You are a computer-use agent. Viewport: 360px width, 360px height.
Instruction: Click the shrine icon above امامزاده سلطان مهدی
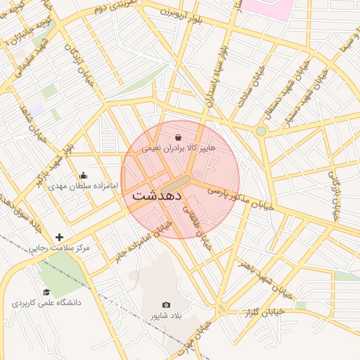84,176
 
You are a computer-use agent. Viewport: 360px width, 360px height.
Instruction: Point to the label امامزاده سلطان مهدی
77,187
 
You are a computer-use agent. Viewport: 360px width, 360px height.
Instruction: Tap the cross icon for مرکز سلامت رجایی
59,238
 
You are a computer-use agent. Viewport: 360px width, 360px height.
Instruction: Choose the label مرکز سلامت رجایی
59,249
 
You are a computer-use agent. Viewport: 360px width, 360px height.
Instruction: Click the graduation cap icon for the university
46,292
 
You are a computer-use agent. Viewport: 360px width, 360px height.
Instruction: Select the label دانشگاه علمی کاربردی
46,303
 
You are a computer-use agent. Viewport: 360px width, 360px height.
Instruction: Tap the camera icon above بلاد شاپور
166,304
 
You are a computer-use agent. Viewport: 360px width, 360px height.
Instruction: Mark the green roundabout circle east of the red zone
261,131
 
